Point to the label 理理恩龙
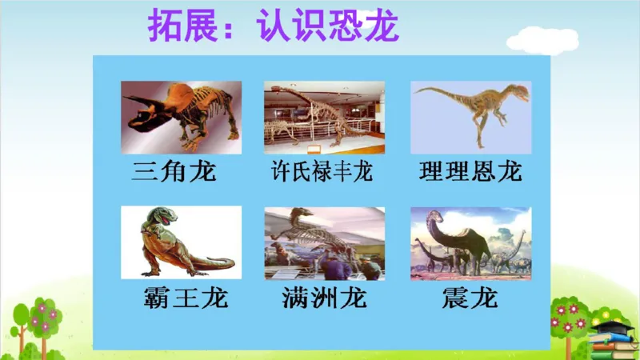pos(470,171)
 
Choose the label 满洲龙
pos(324,298)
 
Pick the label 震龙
pos(470,298)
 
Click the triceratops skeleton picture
pos(181,117)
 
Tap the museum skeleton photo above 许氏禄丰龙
pos(324,117)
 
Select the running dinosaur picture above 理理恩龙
pos(470,117)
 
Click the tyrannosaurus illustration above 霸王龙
pos(181,242)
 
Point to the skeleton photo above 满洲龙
pos(324,242)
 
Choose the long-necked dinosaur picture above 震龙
pos(470,242)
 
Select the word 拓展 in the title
pos(175,27)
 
